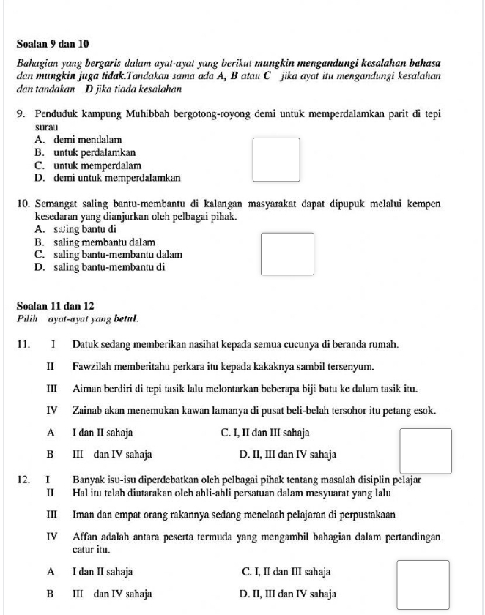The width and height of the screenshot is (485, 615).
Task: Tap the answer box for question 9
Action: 276,160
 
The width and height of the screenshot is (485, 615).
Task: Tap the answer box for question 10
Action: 288,253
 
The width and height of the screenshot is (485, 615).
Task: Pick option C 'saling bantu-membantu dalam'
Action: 108,255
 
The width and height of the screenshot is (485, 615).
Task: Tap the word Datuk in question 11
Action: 86,343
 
